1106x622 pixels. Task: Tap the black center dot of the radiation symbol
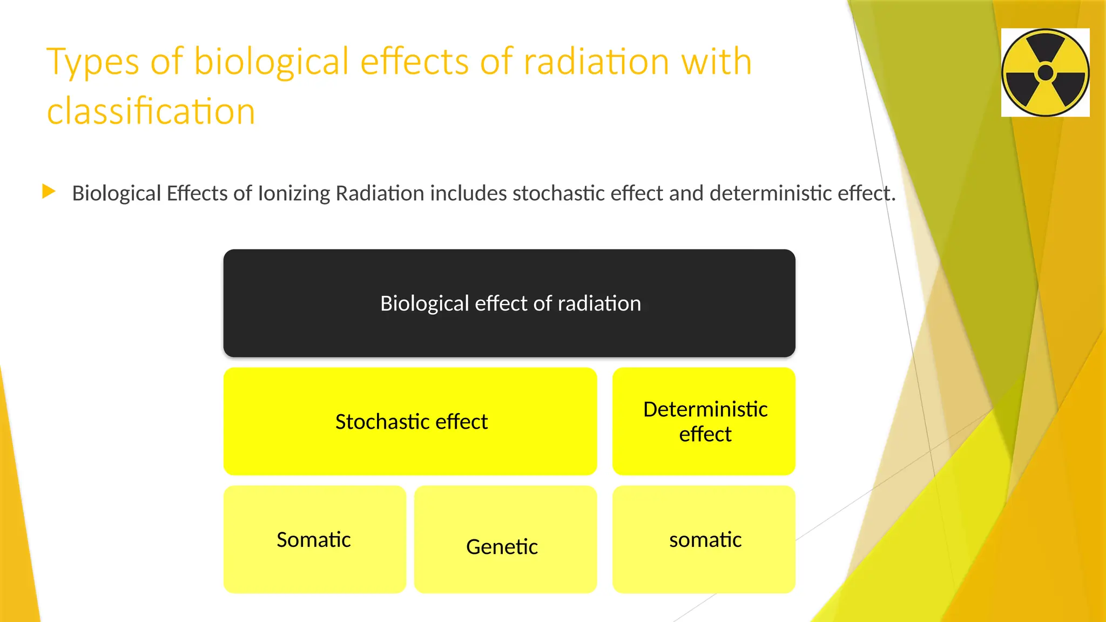coord(1046,73)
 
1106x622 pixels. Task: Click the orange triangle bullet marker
coord(49,191)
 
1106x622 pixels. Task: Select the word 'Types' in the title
coord(92,62)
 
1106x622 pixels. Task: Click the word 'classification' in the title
coord(151,112)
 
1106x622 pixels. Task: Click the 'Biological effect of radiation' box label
coord(510,303)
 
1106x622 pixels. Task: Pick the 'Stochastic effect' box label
coord(411,422)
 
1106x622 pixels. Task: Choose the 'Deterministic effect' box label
coord(705,422)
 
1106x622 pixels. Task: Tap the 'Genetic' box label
coord(502,547)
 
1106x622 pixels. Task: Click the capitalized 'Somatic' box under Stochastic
coord(314,540)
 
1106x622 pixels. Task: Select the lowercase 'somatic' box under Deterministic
coord(705,540)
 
